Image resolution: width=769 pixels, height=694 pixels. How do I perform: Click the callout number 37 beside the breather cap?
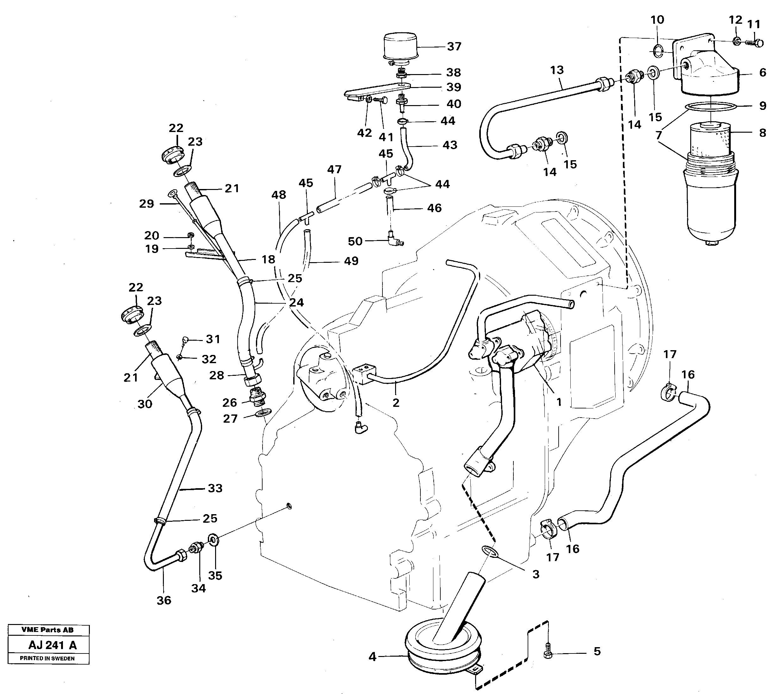coord(454,47)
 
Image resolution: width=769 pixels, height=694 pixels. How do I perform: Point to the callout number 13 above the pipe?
coord(557,70)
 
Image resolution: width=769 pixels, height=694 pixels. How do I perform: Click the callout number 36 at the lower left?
coord(164,601)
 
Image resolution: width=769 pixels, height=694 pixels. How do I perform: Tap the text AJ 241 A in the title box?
coord(53,645)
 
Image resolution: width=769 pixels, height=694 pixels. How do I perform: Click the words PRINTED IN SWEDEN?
coord(47,659)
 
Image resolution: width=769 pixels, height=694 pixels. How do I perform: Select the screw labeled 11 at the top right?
coord(755,43)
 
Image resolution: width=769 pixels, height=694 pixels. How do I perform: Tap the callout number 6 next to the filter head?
coord(762,73)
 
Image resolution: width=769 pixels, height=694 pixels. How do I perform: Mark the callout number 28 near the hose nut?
coord(216,375)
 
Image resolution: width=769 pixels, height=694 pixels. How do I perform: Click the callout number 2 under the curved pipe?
coord(396,402)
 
